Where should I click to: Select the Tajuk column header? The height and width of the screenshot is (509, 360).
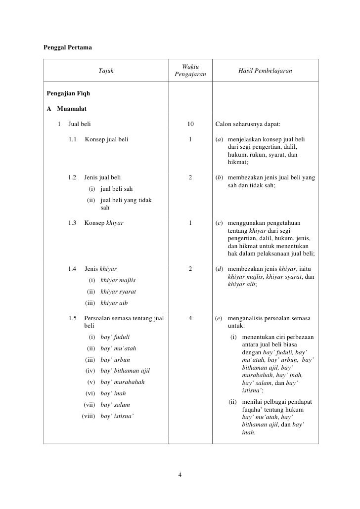point(106,72)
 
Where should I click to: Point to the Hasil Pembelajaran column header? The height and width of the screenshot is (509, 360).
point(265,72)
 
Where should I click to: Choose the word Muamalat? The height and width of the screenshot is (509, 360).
point(73,109)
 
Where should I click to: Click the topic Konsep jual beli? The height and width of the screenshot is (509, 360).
point(106,140)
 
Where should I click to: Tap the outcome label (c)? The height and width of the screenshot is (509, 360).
point(219,223)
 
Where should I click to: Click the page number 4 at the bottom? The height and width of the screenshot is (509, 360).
point(180,475)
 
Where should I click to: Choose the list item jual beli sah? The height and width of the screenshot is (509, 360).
point(116,189)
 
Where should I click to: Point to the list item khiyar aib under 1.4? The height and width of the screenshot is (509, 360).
point(114,303)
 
